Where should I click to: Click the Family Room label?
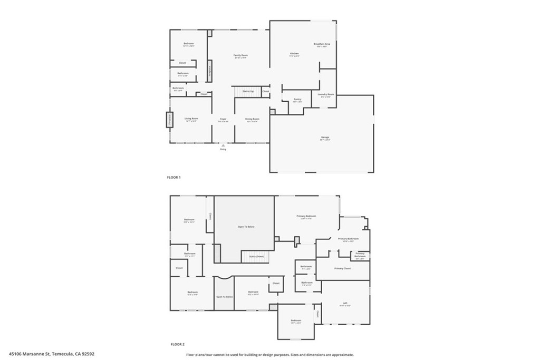(240, 55)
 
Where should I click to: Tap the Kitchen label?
(294, 53)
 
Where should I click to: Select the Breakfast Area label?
(322, 44)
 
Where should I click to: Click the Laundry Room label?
(327, 94)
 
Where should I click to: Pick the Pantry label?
(297, 99)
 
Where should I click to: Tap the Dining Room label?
(252, 119)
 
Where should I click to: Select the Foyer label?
(223, 119)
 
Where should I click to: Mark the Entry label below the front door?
(223, 149)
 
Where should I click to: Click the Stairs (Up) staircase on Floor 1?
(248, 92)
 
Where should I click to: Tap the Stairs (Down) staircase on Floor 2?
(255, 256)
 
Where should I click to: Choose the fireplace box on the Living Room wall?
(170, 120)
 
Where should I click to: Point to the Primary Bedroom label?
(306, 216)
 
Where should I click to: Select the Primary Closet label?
(342, 268)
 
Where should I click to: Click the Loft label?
(345, 303)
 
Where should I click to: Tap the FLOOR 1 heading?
(173, 178)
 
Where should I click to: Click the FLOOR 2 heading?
(177, 344)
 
